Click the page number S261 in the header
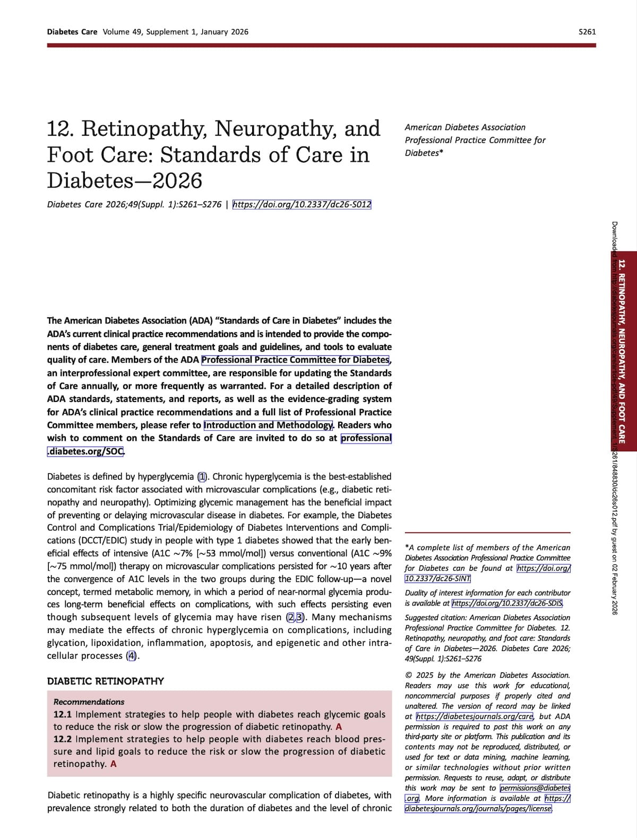(x=587, y=32)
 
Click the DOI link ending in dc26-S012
(x=302, y=204)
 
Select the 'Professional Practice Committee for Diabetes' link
(x=296, y=360)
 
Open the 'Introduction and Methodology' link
(x=268, y=425)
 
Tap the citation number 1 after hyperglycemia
(x=202, y=477)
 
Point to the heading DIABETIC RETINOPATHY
(x=106, y=681)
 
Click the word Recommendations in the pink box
(x=89, y=702)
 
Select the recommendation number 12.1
(x=63, y=715)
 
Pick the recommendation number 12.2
(x=63, y=739)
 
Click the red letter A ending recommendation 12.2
(x=114, y=764)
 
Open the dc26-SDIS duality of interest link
(x=507, y=603)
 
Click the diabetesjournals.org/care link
(x=475, y=716)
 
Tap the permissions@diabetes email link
(x=535, y=788)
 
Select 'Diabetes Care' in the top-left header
(x=72, y=32)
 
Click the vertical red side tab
(x=622, y=351)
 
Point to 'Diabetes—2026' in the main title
(x=125, y=181)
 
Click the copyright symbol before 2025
(x=408, y=675)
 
